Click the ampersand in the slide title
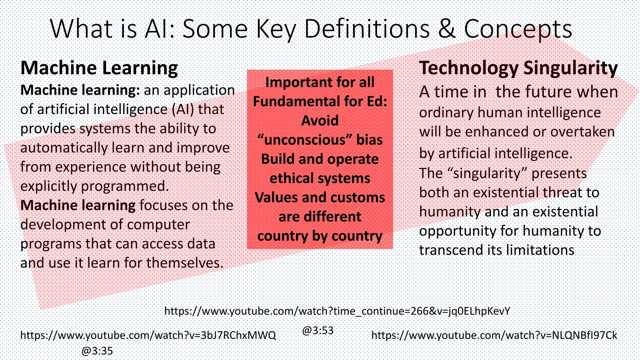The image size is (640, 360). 447,29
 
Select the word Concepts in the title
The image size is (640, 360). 518,29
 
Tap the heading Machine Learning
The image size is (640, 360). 99,68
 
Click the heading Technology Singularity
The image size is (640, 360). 518,68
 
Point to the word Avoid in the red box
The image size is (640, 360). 320,121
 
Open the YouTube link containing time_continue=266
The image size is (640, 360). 337,311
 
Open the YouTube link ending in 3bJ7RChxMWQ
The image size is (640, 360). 148,335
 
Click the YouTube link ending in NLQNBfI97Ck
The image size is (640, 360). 494,335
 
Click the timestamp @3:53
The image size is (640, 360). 318,330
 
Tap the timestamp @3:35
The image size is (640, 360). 97,351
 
